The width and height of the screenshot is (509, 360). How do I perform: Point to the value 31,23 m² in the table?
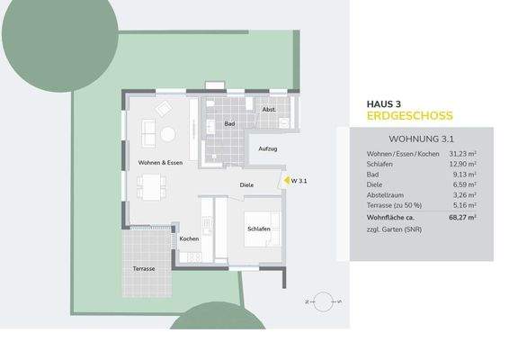click(459, 155)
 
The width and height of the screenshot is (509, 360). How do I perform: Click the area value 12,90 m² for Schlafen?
click(459, 165)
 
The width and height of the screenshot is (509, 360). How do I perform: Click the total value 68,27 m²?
click(459, 217)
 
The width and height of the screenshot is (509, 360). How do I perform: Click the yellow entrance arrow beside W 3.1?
click(281, 181)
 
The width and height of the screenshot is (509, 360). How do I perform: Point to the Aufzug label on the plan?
click(267, 148)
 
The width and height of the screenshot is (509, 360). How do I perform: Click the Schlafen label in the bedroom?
click(259, 230)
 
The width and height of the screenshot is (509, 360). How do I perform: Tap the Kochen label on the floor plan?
click(189, 238)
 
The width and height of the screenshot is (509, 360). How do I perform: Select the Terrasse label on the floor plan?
click(143, 269)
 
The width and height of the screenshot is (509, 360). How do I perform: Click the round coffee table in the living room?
click(168, 134)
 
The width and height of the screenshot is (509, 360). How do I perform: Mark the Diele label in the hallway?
click(246, 186)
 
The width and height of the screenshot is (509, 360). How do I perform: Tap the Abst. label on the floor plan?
click(268, 110)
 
